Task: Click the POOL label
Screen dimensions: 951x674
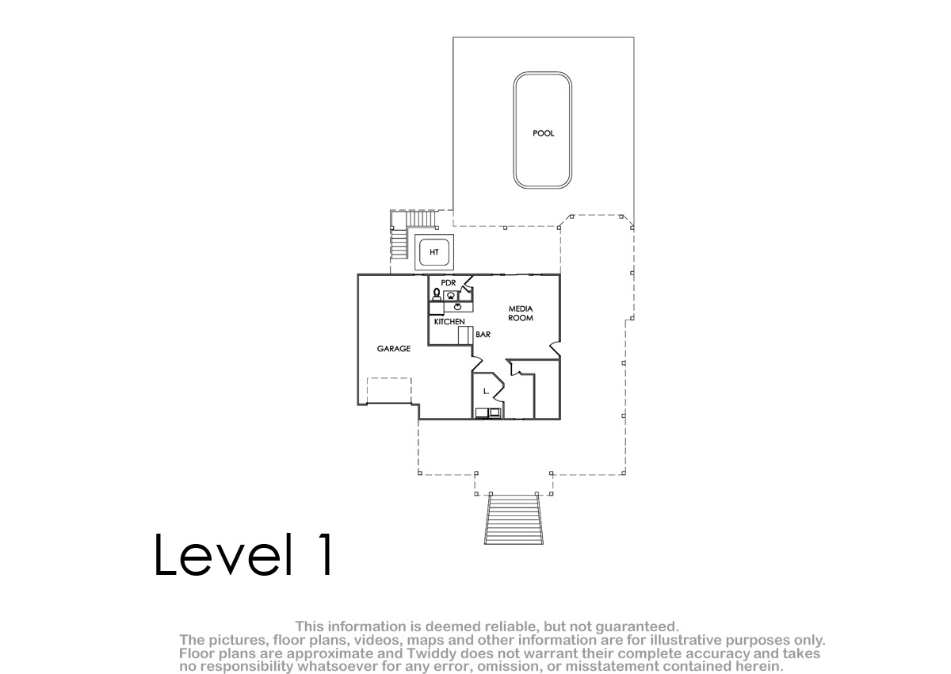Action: tap(544, 133)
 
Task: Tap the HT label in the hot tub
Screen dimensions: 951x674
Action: tap(434, 252)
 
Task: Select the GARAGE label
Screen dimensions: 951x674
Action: tap(394, 349)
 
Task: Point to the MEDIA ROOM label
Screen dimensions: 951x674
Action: tap(521, 313)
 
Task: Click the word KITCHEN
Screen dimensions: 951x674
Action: tap(449, 322)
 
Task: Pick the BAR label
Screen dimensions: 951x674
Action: tap(483, 335)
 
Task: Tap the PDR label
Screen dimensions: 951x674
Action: tap(449, 283)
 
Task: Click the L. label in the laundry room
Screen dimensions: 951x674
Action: tap(486, 391)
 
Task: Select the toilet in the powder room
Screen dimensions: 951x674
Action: tap(436, 294)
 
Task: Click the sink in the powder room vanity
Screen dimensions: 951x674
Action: tap(451, 296)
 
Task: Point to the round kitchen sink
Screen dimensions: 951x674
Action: tap(458, 307)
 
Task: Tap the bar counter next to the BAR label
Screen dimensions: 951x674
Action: tap(466, 335)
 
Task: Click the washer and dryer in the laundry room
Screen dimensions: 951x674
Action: tap(488, 413)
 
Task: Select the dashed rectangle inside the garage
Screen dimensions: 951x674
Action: tap(389, 391)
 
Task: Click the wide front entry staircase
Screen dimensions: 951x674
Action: tap(514, 520)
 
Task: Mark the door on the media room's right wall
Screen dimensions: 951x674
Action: tap(555, 349)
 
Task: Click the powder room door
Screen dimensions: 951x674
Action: tap(467, 283)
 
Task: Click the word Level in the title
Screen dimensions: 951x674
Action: tap(223, 554)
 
